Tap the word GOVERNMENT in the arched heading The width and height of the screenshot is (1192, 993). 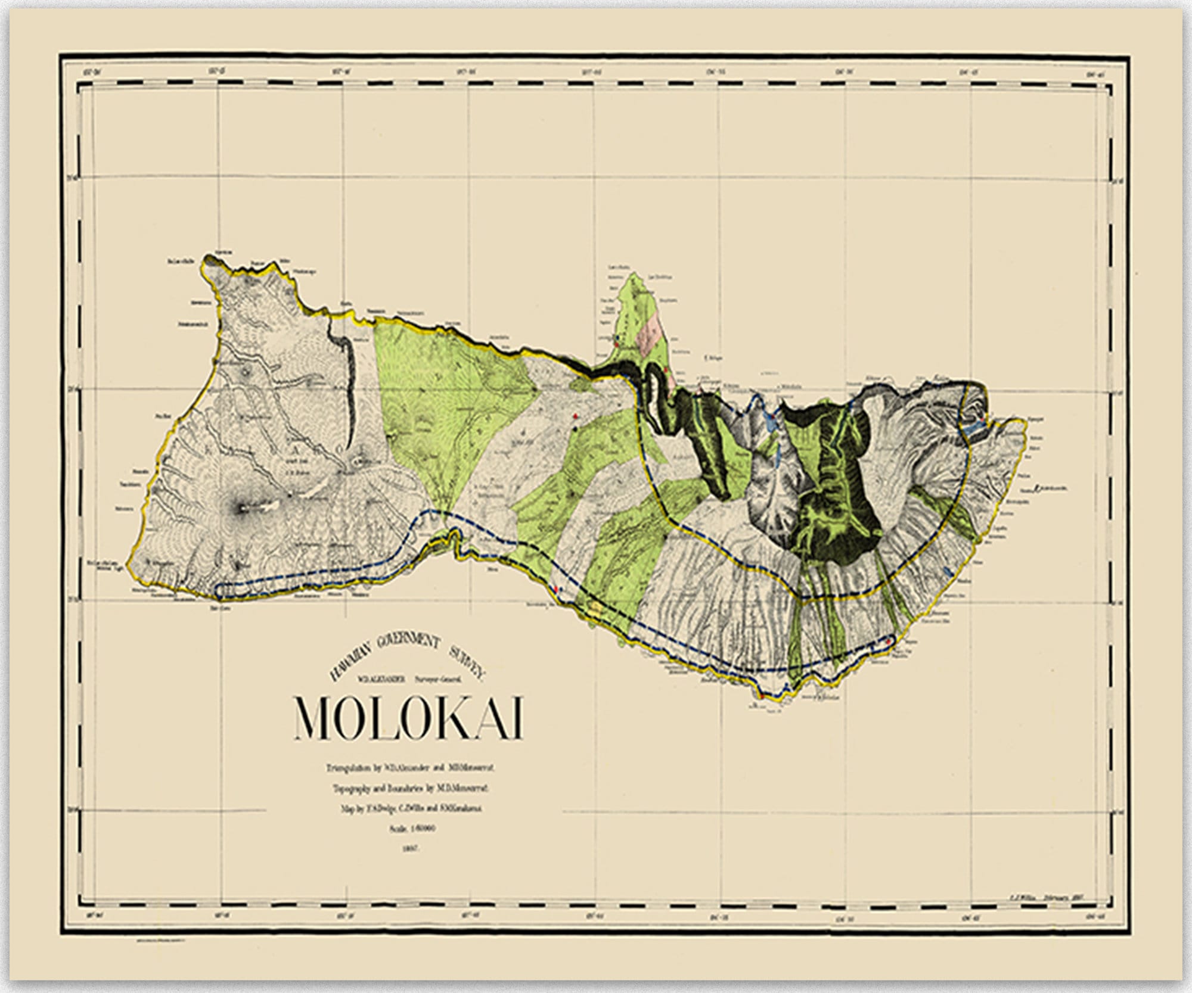pos(408,642)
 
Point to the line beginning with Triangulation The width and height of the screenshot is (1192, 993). pos(409,768)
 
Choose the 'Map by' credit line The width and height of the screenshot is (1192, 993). pos(409,809)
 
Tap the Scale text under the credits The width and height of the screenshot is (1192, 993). pos(409,829)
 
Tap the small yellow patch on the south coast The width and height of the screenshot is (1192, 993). pos(596,608)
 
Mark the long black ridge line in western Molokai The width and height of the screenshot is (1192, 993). pos(351,387)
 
